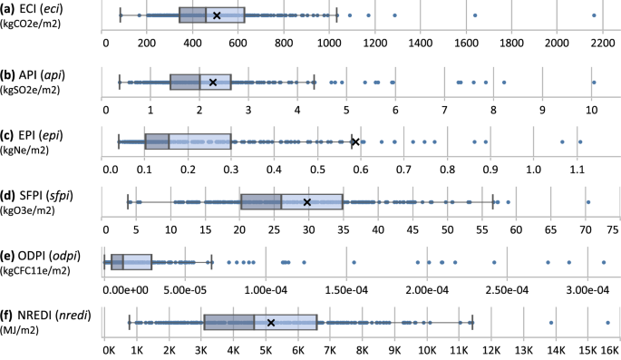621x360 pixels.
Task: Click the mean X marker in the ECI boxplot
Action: point(216,15)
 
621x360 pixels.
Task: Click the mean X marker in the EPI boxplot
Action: point(355,141)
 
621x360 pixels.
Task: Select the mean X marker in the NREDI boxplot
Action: point(271,322)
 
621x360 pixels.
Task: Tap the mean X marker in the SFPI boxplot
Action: point(307,202)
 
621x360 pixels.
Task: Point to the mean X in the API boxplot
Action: point(213,83)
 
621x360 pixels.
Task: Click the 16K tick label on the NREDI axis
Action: point(610,348)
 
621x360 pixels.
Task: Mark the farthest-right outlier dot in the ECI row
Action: point(593,15)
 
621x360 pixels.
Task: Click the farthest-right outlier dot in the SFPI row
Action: point(588,201)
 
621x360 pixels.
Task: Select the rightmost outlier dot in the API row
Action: point(593,82)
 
